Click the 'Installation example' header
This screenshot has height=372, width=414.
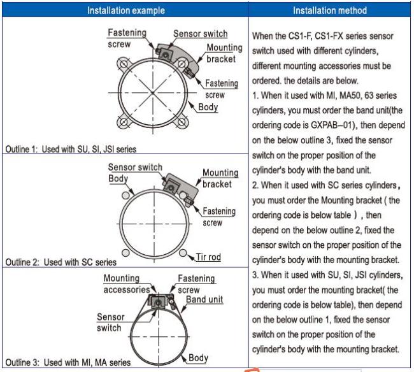pos(125,11)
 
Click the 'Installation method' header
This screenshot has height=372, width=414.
pos(330,11)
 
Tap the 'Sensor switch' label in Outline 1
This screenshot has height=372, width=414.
pos(200,33)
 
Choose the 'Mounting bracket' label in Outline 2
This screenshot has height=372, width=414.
pos(220,179)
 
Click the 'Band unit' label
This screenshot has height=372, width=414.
pos(204,299)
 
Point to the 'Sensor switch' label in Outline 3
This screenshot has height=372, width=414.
pos(111,322)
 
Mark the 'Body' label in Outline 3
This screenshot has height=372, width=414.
pos(198,359)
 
